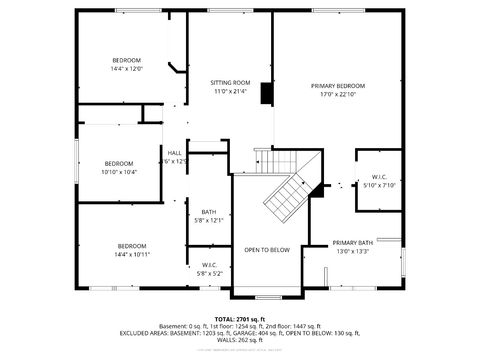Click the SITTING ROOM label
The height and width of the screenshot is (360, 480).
pos(229,82)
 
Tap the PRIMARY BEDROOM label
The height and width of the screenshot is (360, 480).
pos(337,87)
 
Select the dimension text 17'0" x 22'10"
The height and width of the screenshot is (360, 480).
pos(337,96)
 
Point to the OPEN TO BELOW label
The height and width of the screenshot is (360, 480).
pos(267,250)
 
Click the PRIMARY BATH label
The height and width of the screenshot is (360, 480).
pos(352,243)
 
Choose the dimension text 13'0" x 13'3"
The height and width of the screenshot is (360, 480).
pos(352,252)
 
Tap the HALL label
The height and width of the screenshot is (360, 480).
pos(174,153)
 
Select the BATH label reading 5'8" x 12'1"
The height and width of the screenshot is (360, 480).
pos(208,211)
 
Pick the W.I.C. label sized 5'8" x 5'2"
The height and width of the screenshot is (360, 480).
pos(209,265)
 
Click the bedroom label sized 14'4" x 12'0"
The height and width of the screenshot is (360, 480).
pos(126,61)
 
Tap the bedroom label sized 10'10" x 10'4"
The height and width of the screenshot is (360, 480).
pos(119,163)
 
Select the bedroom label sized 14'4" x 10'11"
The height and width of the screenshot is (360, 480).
pos(132,246)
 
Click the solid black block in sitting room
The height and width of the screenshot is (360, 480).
pos(266,93)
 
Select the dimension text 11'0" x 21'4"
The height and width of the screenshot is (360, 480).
pos(229,91)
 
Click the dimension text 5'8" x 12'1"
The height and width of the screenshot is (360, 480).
pos(208,220)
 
